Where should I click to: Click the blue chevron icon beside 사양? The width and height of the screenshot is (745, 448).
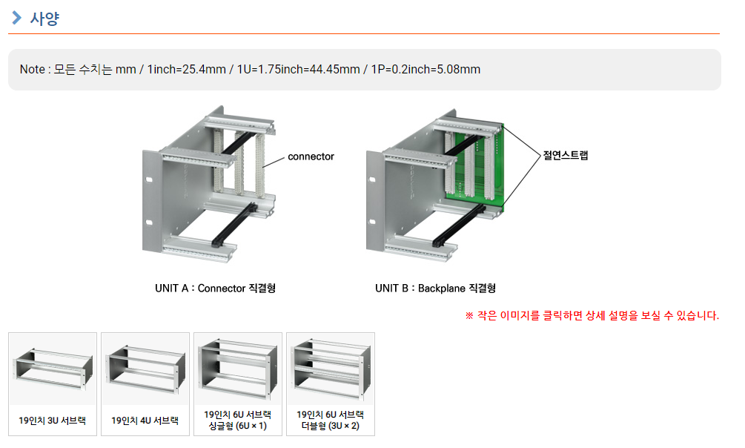click(x=16, y=18)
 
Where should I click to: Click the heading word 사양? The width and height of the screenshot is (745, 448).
click(x=44, y=19)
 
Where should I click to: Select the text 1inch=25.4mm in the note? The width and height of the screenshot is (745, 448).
click(x=186, y=70)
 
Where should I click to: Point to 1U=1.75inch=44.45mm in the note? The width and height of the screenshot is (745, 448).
click(x=299, y=70)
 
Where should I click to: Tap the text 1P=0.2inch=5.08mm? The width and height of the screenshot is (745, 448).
click(x=426, y=70)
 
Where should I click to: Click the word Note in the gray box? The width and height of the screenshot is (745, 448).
click(x=33, y=70)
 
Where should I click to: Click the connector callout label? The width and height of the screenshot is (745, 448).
click(x=311, y=157)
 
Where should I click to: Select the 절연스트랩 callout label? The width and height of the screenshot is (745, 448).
click(x=566, y=156)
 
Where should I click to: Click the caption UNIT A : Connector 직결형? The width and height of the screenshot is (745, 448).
click(x=215, y=289)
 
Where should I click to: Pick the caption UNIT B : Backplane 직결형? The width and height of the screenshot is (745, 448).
click(x=435, y=289)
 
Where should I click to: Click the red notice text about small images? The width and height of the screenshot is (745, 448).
click(x=592, y=315)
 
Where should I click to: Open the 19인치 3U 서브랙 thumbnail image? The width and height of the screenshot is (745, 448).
click(x=53, y=369)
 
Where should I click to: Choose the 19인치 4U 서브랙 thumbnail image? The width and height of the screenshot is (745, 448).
click(x=145, y=369)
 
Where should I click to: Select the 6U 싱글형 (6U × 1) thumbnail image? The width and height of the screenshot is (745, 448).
click(x=238, y=369)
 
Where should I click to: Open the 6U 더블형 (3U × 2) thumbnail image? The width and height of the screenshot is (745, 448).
click(x=331, y=369)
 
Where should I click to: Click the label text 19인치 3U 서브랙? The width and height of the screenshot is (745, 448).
click(x=53, y=421)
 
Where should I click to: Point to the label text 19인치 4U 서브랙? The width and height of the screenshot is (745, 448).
click(x=145, y=421)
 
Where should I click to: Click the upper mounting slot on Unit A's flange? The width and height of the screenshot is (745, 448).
click(x=149, y=179)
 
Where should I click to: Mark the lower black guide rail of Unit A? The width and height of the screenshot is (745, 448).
click(x=234, y=225)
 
